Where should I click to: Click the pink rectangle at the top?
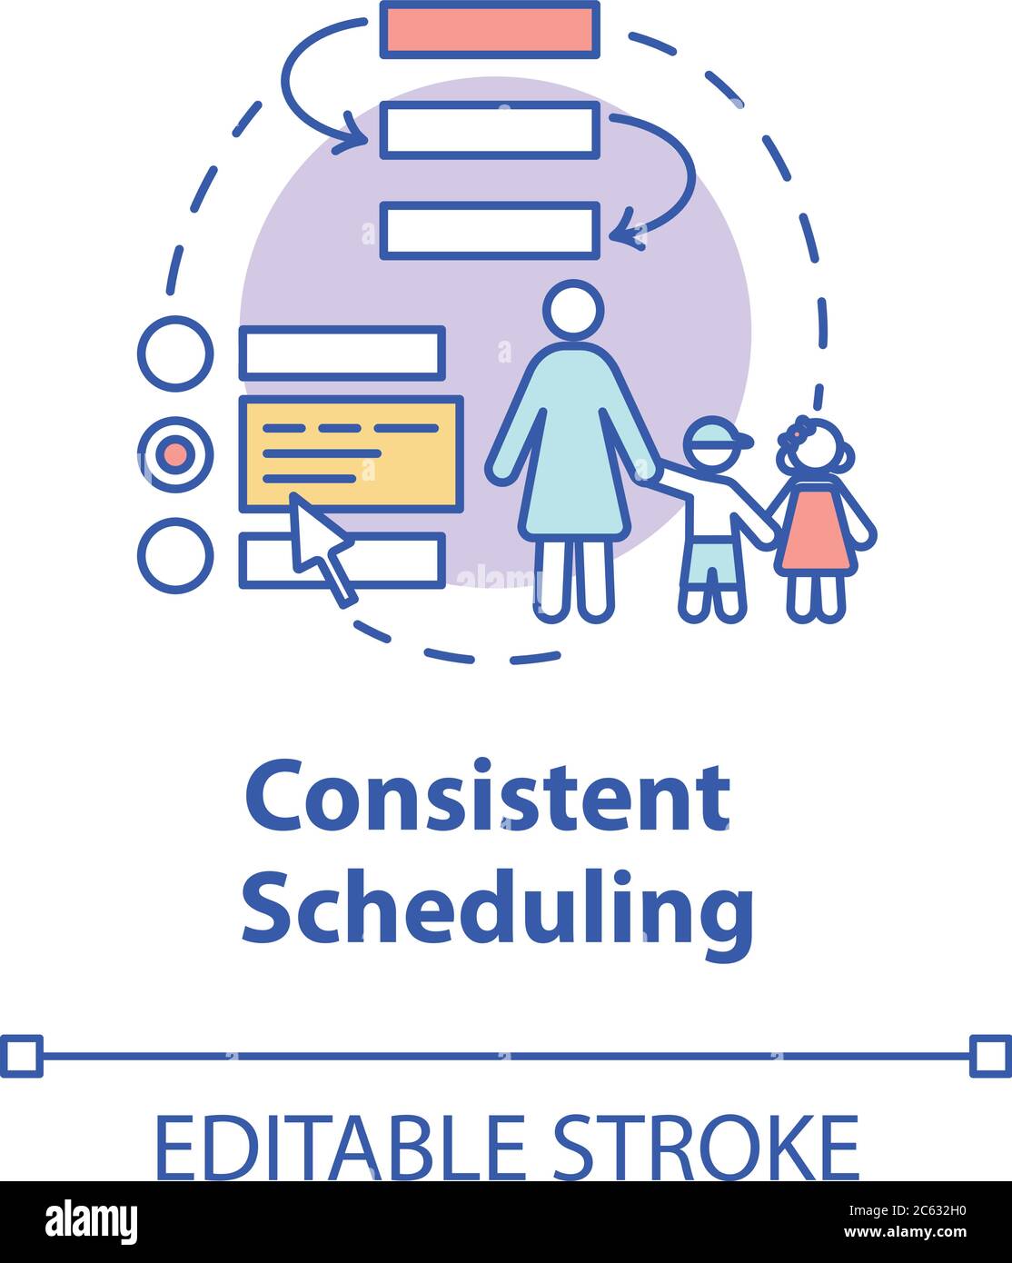click(490, 29)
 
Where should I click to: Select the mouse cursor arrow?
click(318, 545)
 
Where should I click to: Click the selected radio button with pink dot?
click(175, 452)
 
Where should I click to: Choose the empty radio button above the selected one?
click(175, 353)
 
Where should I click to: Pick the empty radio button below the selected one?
click(175, 554)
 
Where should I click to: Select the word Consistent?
click(488, 797)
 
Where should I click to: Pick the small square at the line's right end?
click(990, 1055)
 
